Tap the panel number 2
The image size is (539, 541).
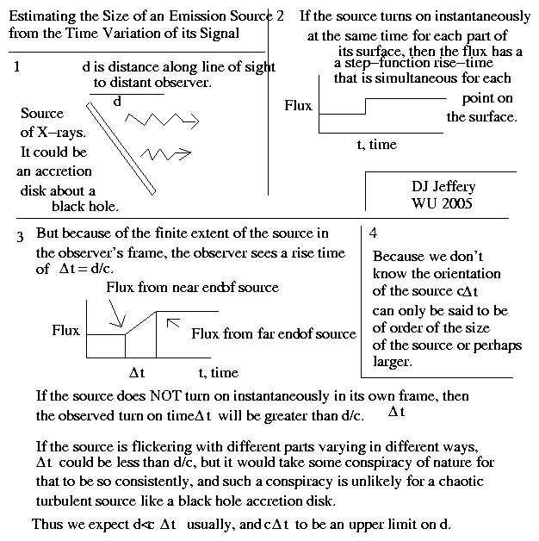coord(282,16)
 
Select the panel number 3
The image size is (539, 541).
coord(19,236)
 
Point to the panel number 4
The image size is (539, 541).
coord(372,233)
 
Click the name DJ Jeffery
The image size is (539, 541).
coord(443,187)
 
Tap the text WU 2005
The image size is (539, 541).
coord(443,203)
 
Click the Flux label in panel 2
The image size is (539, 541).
coord(298,106)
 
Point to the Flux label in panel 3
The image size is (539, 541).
coord(66,330)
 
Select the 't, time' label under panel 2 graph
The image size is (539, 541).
coord(377,145)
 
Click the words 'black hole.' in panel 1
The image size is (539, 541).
coord(84,207)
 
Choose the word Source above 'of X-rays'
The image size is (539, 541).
coord(42,114)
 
